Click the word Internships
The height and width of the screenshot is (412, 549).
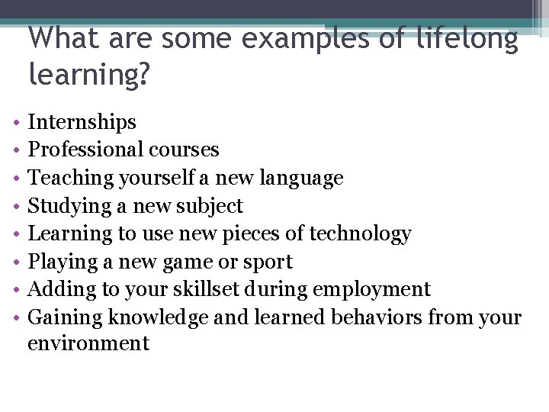[82, 122]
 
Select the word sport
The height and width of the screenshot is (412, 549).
[268, 262]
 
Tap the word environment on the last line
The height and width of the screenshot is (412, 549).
[88, 344]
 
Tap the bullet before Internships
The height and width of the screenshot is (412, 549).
[16, 123]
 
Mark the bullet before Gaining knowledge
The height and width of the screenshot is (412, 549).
[16, 318]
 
